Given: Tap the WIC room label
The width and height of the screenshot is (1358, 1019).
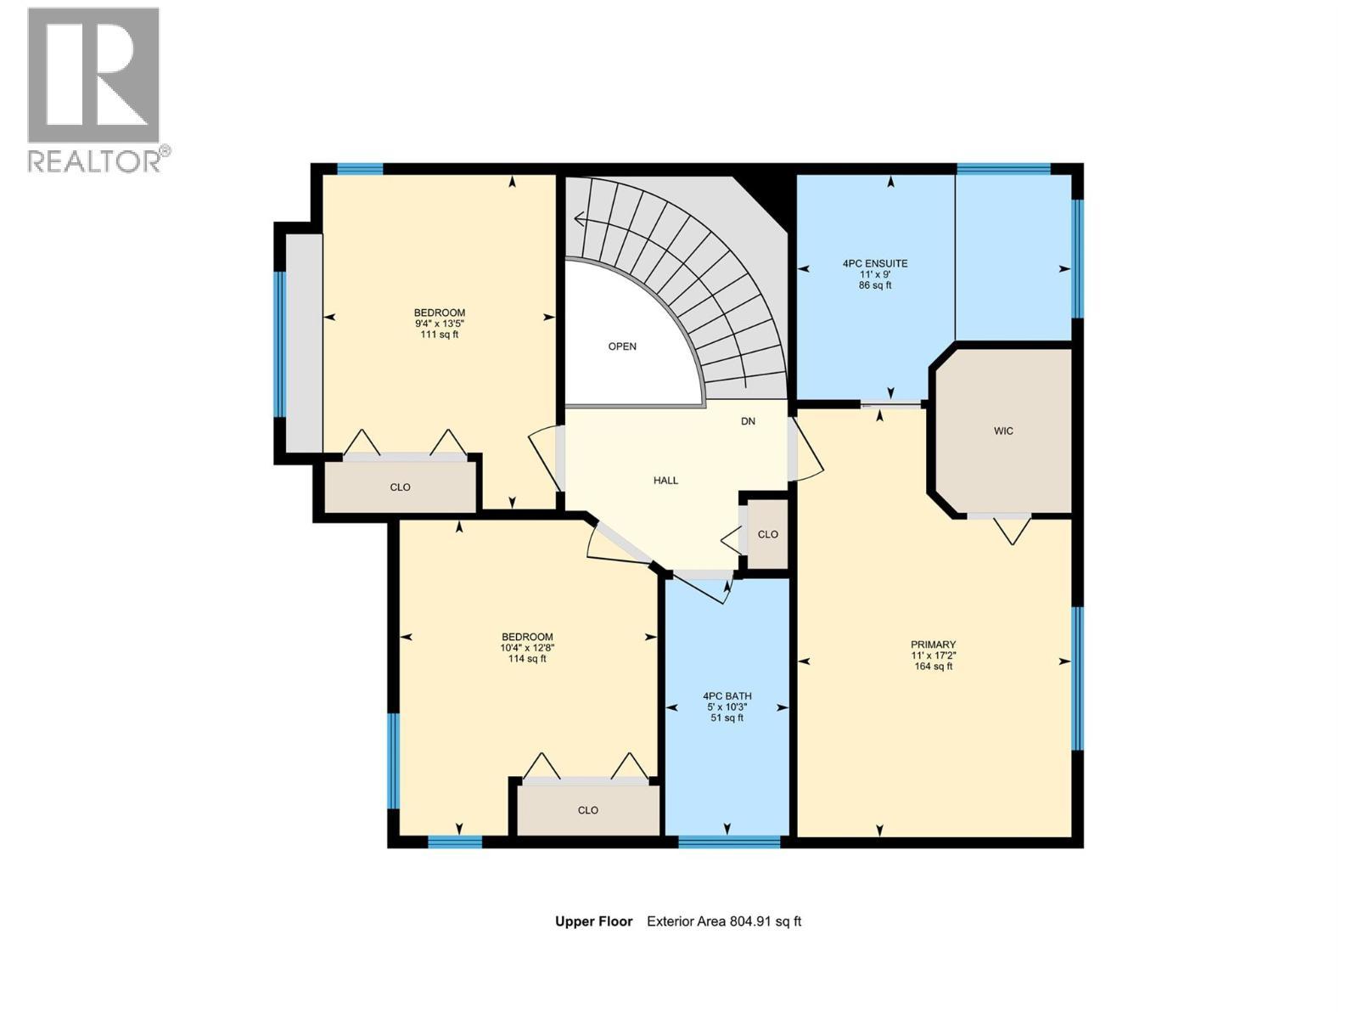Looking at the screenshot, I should click(1003, 431).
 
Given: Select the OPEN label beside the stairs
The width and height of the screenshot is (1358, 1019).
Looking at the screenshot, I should click(622, 346).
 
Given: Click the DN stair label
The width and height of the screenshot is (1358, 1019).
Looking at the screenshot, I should click(748, 421).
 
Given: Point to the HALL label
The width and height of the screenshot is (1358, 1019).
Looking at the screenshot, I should click(665, 481).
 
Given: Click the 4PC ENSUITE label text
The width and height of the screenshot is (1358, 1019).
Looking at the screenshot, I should click(875, 264).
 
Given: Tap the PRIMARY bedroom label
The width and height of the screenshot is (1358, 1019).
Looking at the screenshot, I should click(933, 645).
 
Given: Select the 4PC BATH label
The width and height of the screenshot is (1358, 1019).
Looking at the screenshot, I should click(727, 696).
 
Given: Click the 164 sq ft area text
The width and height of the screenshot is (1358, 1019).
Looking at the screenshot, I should click(933, 667).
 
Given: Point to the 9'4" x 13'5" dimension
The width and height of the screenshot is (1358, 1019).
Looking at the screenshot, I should click(439, 324).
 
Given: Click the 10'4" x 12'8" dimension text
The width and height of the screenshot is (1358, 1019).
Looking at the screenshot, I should click(527, 648).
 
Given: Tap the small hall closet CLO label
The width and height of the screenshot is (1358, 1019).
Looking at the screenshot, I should click(767, 535).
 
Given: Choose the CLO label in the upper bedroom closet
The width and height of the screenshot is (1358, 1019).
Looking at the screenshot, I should click(400, 487).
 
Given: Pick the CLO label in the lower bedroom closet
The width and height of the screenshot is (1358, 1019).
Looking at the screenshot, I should click(588, 810).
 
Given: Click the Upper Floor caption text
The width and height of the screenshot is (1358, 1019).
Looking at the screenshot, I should click(593, 921).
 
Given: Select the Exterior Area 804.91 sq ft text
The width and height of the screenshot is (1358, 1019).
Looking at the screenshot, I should click(724, 921).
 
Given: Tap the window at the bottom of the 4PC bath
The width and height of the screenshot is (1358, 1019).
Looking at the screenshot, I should click(729, 842).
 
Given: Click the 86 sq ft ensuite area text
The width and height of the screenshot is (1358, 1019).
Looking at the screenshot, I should click(875, 286).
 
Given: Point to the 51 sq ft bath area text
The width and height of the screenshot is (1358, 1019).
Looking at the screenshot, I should click(727, 718).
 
